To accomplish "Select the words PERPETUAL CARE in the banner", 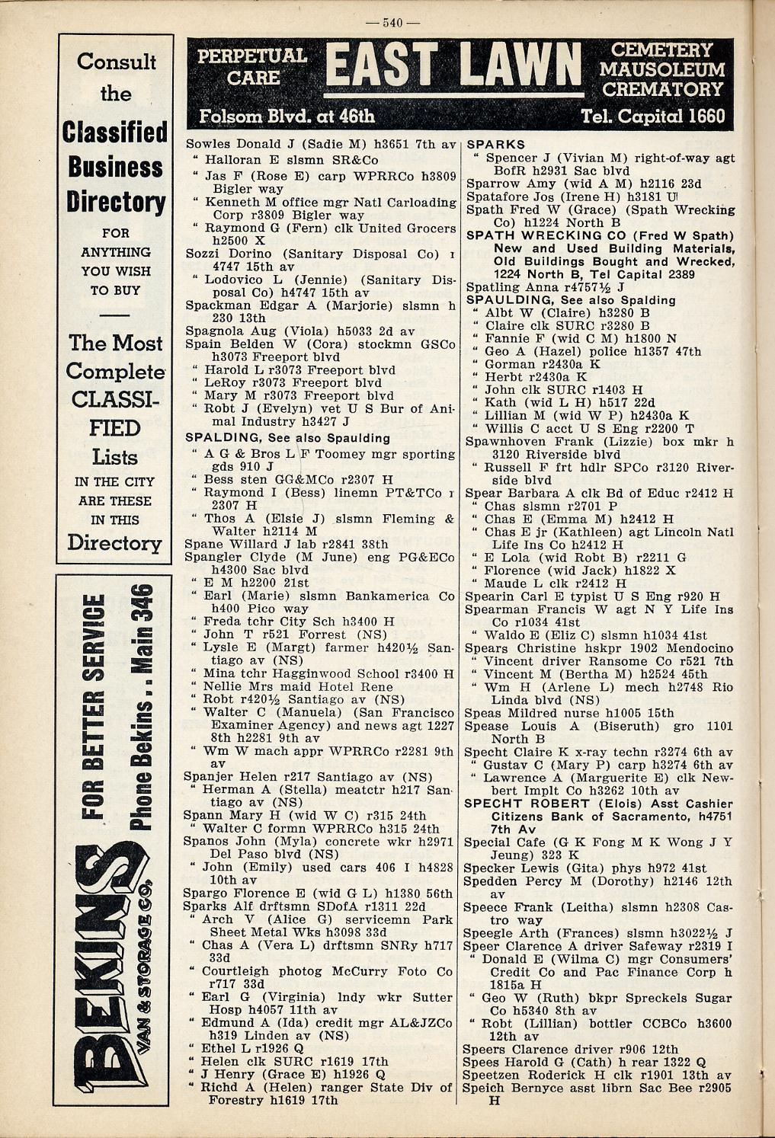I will click(x=251, y=66).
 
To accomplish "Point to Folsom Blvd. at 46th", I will click(x=287, y=117).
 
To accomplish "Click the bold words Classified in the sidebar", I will click(x=115, y=132).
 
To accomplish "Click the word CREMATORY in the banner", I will click(x=662, y=89).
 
